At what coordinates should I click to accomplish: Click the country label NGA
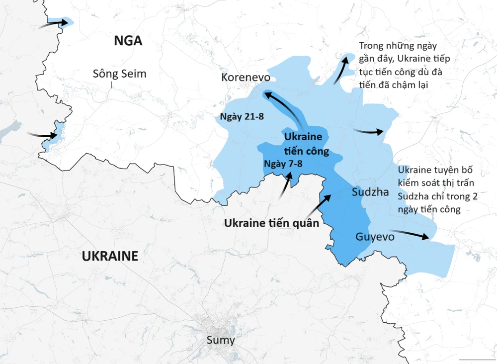point(128,40)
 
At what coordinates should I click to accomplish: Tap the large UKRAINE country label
point(110,256)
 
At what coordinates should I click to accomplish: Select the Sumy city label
point(221,341)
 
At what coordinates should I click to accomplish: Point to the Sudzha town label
point(370,192)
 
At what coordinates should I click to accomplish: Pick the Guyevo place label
point(375,237)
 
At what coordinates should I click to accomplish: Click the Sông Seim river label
point(120,74)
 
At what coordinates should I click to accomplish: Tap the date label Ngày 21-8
point(242,117)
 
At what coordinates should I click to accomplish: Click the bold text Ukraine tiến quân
point(271,223)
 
